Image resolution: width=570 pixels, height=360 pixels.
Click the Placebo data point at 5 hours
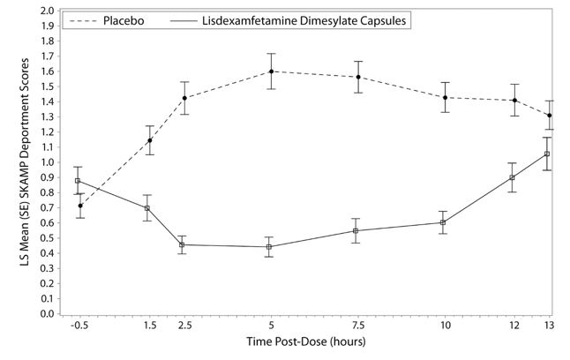(x=271, y=71)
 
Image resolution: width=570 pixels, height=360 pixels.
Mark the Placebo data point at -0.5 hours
(x=80, y=206)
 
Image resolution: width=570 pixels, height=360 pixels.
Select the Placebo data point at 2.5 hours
(x=185, y=98)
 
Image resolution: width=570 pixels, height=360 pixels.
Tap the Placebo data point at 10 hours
(x=446, y=98)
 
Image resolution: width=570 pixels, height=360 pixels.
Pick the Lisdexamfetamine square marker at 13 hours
(x=548, y=154)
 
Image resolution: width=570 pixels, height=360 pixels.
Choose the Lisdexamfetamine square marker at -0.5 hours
(x=78, y=181)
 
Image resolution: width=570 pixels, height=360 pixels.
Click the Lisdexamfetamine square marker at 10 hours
(x=444, y=222)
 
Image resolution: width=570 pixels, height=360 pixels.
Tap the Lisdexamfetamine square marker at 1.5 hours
(x=147, y=208)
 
